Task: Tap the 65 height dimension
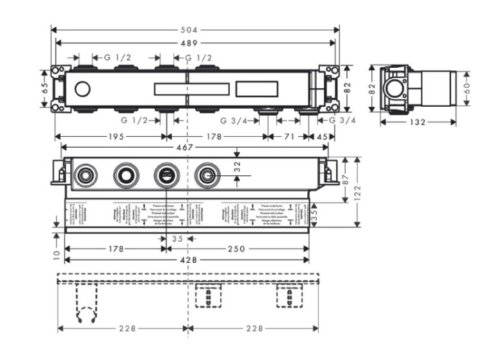pyautogui.click(x=45, y=88)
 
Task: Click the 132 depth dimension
pyautogui.click(x=417, y=122)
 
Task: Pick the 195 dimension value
pyautogui.click(x=116, y=136)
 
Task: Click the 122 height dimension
pyautogui.click(x=359, y=191)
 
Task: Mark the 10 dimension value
pyautogui.click(x=56, y=254)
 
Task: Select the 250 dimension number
pyautogui.click(x=237, y=248)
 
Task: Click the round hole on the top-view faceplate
pyautogui.click(x=83, y=88)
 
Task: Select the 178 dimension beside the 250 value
pyautogui.click(x=115, y=248)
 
